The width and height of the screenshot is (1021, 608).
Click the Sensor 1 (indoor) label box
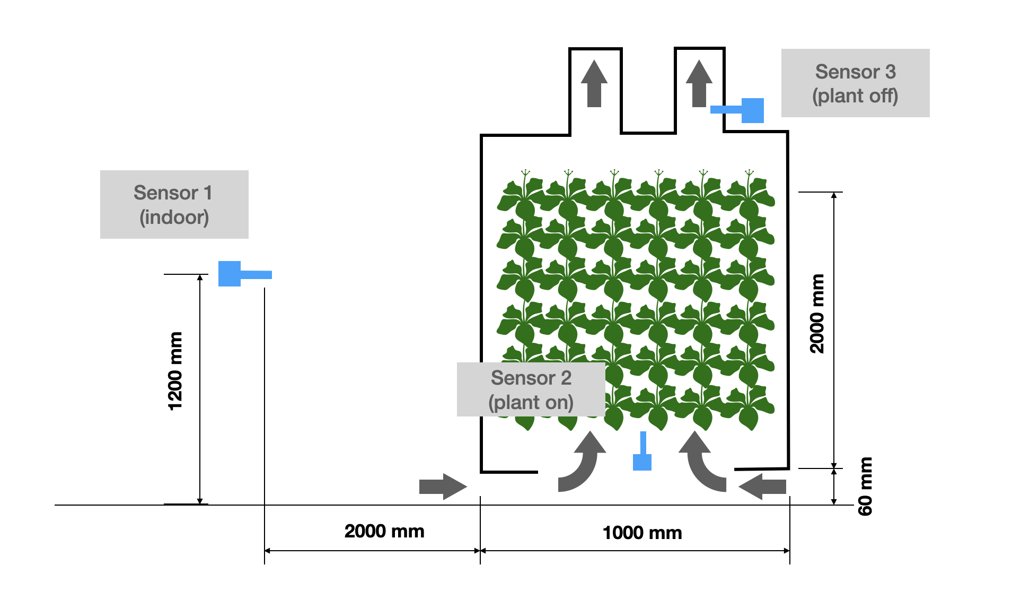pyautogui.click(x=174, y=204)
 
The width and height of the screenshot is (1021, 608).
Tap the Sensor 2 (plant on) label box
pyautogui.click(x=531, y=389)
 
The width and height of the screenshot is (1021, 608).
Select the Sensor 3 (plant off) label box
pyautogui.click(x=855, y=83)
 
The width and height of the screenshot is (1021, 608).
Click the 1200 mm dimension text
pyautogui.click(x=175, y=371)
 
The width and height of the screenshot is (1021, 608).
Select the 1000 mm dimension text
pyautogui.click(x=642, y=533)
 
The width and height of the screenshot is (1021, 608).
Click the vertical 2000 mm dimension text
pyautogui.click(x=817, y=314)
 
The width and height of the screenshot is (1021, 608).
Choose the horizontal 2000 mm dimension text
pyautogui.click(x=384, y=531)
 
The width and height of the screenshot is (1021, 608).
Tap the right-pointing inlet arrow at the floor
pyautogui.click(x=443, y=487)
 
